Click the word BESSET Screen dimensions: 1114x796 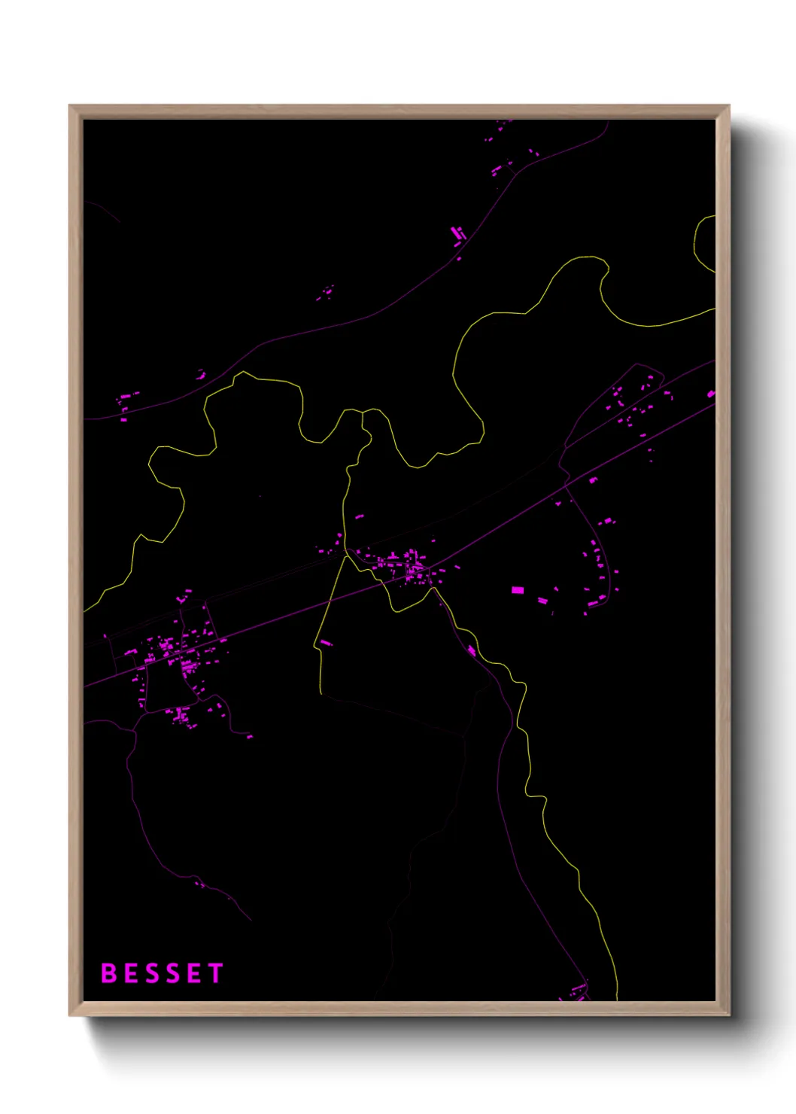click(163, 973)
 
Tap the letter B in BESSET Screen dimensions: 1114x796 click(108, 973)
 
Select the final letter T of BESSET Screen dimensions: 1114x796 click(217, 973)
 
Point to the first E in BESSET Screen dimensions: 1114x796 click(130, 973)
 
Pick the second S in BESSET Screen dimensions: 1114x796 click(173, 973)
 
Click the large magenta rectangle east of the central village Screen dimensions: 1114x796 click(518, 590)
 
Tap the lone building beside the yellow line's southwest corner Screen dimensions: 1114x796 click(326, 643)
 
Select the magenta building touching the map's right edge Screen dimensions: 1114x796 click(711, 394)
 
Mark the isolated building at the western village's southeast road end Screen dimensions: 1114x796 click(249, 736)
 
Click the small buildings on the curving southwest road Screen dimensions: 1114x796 click(199, 884)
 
